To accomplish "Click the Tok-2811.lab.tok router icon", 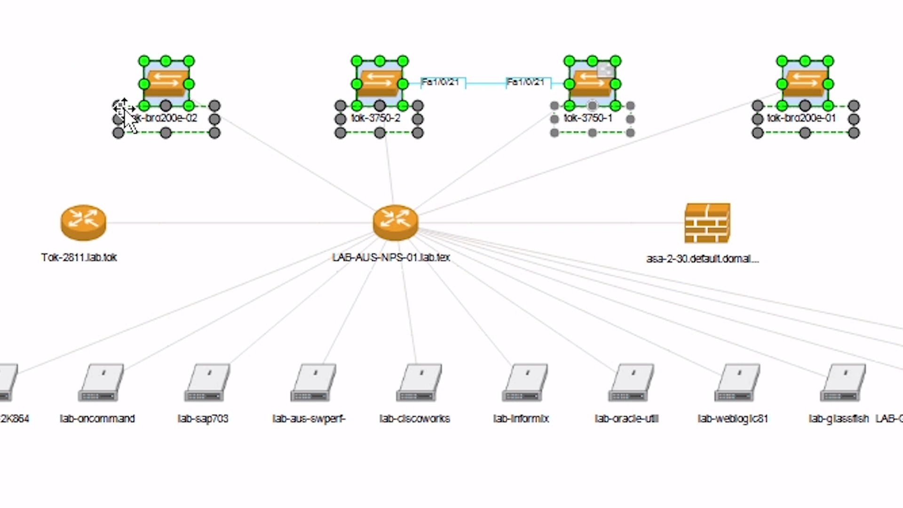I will (x=83, y=222).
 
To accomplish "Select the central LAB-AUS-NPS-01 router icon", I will (x=395, y=222).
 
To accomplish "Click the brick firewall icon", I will (x=707, y=223).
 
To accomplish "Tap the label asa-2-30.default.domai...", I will (x=702, y=259).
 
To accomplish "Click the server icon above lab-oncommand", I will (x=101, y=382).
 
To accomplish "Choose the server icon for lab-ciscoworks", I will (x=419, y=382).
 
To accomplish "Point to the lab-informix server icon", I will (x=524, y=382).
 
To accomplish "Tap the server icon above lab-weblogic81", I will (x=737, y=382).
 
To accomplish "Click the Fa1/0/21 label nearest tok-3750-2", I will (x=440, y=82).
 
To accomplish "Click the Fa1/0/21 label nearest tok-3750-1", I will (x=525, y=82).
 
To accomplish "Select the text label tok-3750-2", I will (x=375, y=118).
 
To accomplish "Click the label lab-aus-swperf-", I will (x=309, y=418).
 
